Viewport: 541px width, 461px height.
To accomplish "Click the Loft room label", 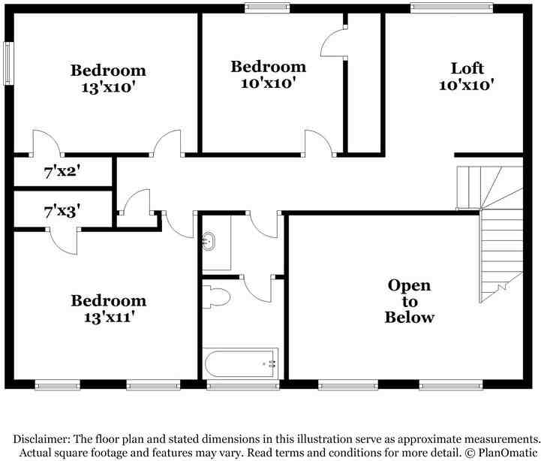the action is tap(467, 68).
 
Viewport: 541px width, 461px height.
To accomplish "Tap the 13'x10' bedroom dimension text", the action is tap(108, 87).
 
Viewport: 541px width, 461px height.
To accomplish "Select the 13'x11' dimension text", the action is tap(109, 317).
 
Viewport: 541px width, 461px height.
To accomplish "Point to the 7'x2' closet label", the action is tap(62, 171).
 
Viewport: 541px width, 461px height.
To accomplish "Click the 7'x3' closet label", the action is tap(62, 211).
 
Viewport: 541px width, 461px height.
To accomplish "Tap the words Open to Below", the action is tap(410, 301).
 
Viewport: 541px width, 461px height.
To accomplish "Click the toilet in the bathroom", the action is tap(216, 297).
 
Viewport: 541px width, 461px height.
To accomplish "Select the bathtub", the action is tap(241, 363).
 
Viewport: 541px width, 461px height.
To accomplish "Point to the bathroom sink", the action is tap(209, 240).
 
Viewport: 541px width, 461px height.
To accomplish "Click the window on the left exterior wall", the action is tap(8, 63).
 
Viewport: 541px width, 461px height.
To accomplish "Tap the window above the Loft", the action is tap(452, 8).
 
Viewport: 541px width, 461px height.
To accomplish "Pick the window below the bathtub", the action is tap(243, 384).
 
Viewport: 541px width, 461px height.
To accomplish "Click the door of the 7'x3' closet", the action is tap(62, 241).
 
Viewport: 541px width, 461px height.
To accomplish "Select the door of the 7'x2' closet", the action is tap(47, 143).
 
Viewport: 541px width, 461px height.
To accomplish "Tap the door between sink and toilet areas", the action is tap(257, 288).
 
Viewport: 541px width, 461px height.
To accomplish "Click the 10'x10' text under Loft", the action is tap(467, 85).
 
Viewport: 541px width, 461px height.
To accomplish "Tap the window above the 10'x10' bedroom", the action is tap(267, 8).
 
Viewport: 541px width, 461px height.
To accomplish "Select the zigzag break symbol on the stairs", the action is tap(503, 286).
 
